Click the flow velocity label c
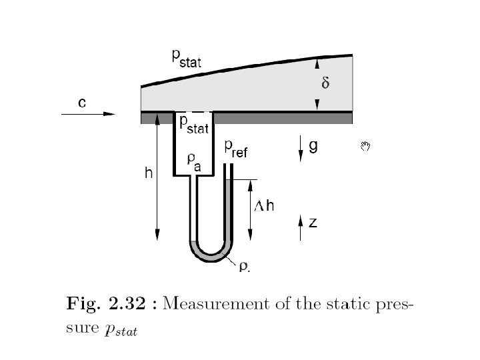point(81,103)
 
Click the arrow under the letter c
point(87,115)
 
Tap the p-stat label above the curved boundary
point(186,60)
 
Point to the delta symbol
point(325,84)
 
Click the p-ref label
point(235,149)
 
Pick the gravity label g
point(313,147)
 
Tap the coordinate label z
point(312,223)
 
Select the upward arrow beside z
point(301,224)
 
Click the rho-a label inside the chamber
point(194,162)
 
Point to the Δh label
point(265,206)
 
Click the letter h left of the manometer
point(149,174)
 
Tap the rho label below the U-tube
point(244,267)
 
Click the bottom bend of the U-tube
point(210,255)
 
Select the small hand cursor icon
point(365,145)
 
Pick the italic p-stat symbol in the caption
point(121,331)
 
